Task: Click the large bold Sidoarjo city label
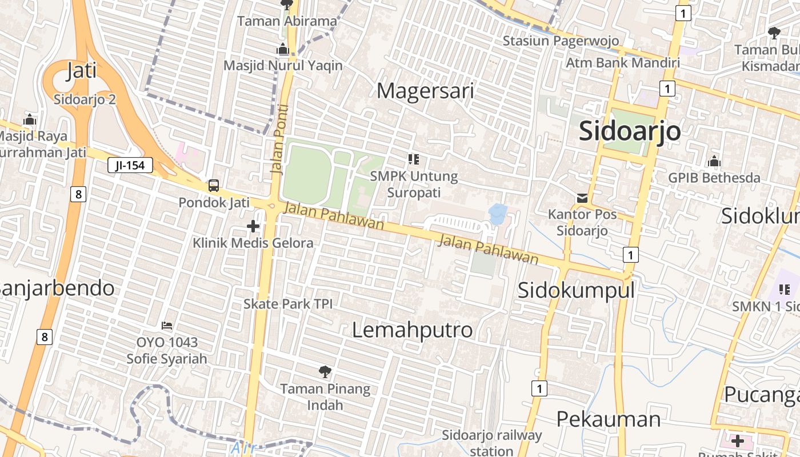[630, 131]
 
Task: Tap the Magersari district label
[426, 91]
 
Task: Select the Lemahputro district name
[412, 330]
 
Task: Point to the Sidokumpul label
[576, 290]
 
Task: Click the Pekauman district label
[608, 419]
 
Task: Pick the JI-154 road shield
[130, 166]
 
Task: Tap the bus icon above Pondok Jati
[213, 186]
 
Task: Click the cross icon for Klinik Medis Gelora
[253, 227]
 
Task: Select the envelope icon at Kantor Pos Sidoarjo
[582, 198]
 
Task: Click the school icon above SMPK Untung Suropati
[414, 159]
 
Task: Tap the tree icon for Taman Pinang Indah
[325, 372]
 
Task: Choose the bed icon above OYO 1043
[167, 326]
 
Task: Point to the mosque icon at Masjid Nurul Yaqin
[283, 50]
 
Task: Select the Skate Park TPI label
[288, 303]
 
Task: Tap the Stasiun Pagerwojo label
[561, 41]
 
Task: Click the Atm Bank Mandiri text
[622, 63]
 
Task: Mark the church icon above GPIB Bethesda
[714, 162]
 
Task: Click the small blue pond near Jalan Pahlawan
[498, 213]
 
